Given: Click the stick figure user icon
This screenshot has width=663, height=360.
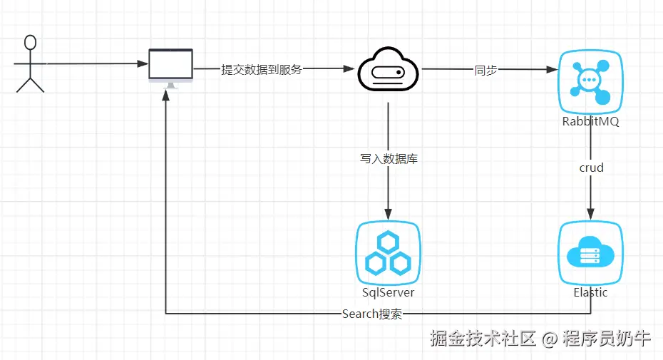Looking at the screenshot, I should [x=30, y=64].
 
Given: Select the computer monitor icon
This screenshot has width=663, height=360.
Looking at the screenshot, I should [x=170, y=66].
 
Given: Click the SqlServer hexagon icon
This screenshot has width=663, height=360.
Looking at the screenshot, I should [x=387, y=252].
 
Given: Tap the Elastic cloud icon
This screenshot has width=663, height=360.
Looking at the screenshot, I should [x=590, y=252].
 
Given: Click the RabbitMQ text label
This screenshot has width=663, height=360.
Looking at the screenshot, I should [x=590, y=121].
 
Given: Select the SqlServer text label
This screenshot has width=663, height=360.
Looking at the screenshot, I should [x=388, y=292].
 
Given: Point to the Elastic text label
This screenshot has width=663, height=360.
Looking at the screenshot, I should [x=590, y=292].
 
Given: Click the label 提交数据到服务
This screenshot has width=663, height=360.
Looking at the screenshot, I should [x=262, y=70].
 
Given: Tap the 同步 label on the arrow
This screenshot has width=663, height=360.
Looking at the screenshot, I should [x=485, y=70].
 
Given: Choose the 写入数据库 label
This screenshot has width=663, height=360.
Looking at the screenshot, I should [x=389, y=158].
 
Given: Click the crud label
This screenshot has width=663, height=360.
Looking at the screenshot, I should [x=591, y=168].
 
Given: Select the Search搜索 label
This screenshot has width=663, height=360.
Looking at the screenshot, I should [x=371, y=314].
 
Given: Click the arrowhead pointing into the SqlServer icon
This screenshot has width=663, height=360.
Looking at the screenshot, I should [x=388, y=215].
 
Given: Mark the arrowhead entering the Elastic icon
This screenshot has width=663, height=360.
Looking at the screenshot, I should [x=590, y=215].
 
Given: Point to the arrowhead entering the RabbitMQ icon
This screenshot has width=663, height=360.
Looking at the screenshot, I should [x=552, y=70].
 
